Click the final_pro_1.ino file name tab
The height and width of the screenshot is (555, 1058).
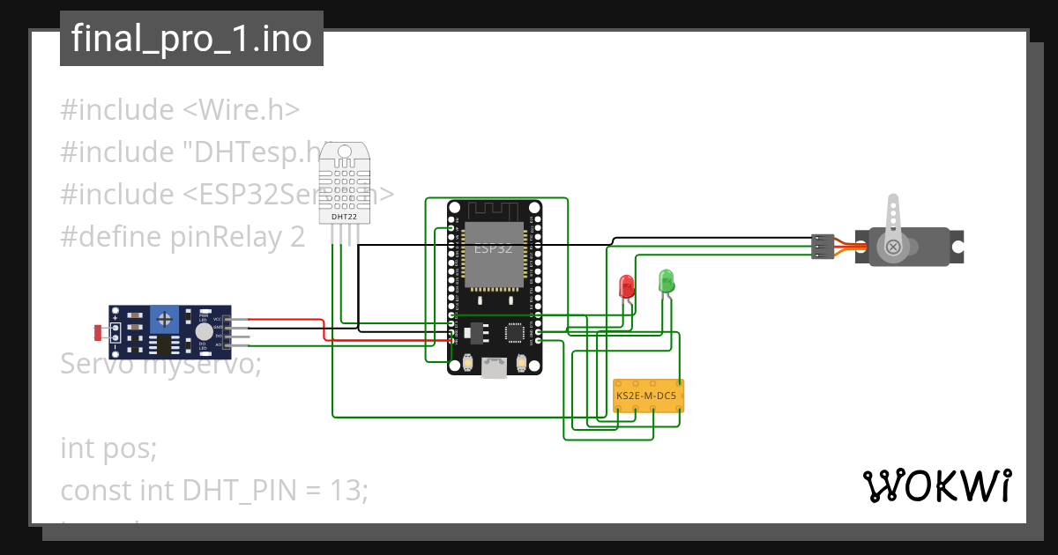[x=191, y=39]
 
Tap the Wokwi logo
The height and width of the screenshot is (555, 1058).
[x=935, y=485]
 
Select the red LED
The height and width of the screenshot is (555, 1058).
[x=627, y=285]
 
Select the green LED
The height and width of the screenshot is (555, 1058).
[x=667, y=281]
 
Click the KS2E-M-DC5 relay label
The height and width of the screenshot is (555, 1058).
[x=647, y=396]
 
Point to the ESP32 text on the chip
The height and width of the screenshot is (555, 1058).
[x=493, y=248]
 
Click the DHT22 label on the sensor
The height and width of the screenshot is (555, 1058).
[x=344, y=216]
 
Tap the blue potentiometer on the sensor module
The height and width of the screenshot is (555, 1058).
[x=161, y=317]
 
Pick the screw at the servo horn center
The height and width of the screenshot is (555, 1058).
[x=893, y=247]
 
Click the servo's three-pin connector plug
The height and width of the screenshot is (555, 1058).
[x=823, y=247]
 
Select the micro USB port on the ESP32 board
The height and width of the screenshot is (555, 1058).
[x=494, y=367]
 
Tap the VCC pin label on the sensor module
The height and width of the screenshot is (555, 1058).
[x=217, y=318]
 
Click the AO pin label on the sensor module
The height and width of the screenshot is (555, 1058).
[x=217, y=344]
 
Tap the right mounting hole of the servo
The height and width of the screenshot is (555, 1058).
[x=957, y=238]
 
